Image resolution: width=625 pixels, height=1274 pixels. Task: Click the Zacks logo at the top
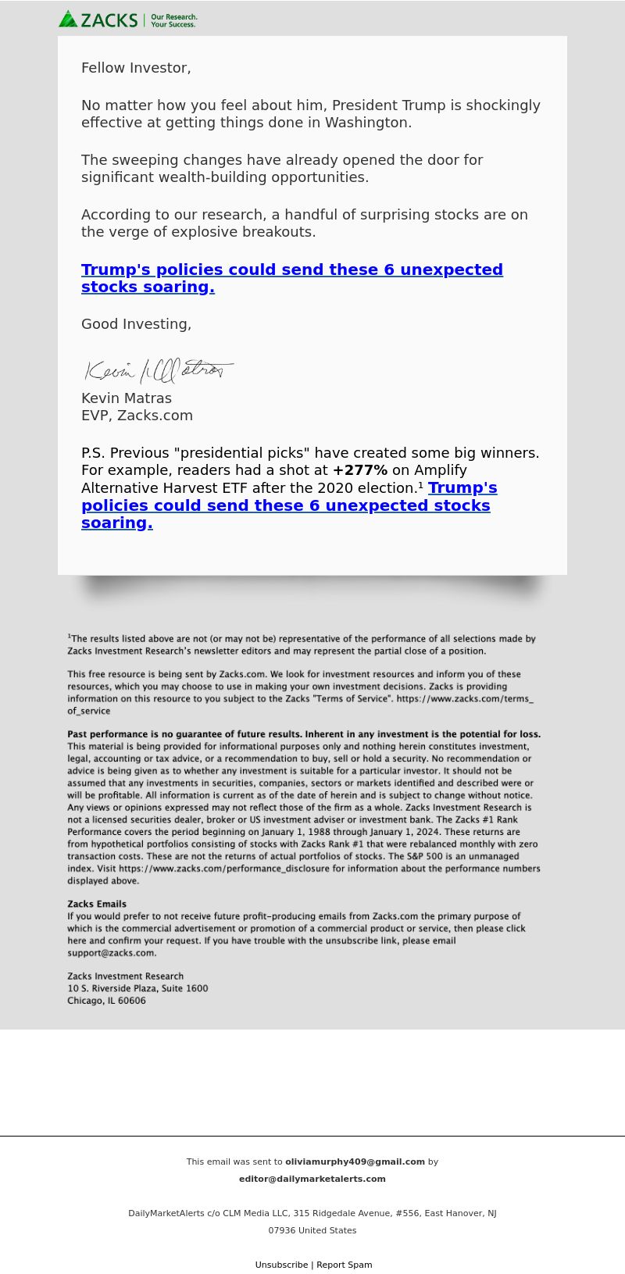pyautogui.click(x=98, y=20)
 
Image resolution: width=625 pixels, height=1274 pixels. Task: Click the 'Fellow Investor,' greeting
pyautogui.click(x=136, y=68)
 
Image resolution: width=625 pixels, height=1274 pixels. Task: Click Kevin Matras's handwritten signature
pyautogui.click(x=159, y=369)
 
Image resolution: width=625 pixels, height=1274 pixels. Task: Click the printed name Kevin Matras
pyautogui.click(x=127, y=398)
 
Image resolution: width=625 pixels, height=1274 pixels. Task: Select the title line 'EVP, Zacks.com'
pyautogui.click(x=137, y=416)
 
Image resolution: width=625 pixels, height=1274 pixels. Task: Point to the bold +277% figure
pyautogui.click(x=359, y=470)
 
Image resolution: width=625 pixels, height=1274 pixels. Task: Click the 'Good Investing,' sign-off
pyautogui.click(x=136, y=324)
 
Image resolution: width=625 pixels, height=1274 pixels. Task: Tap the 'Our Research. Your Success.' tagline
pyautogui.click(x=173, y=20)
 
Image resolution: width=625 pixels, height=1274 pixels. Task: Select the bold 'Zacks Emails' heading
pyautogui.click(x=97, y=905)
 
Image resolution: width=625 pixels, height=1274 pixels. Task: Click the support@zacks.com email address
pyautogui.click(x=111, y=953)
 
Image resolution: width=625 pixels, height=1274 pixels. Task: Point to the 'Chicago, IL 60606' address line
pyautogui.click(x=106, y=1001)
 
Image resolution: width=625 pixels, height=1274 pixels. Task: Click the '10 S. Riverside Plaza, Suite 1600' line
pyautogui.click(x=137, y=988)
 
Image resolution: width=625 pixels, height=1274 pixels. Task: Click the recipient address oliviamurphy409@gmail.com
pyautogui.click(x=355, y=1162)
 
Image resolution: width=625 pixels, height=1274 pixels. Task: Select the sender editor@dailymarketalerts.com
pyautogui.click(x=312, y=1179)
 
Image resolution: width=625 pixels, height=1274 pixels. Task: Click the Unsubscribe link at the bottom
pyautogui.click(x=281, y=1265)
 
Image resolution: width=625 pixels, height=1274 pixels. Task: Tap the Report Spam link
pyautogui.click(x=345, y=1265)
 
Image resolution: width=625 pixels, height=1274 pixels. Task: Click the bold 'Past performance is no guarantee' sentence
pyautogui.click(x=304, y=734)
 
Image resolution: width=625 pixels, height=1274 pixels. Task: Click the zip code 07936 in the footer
pyautogui.click(x=282, y=1230)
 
